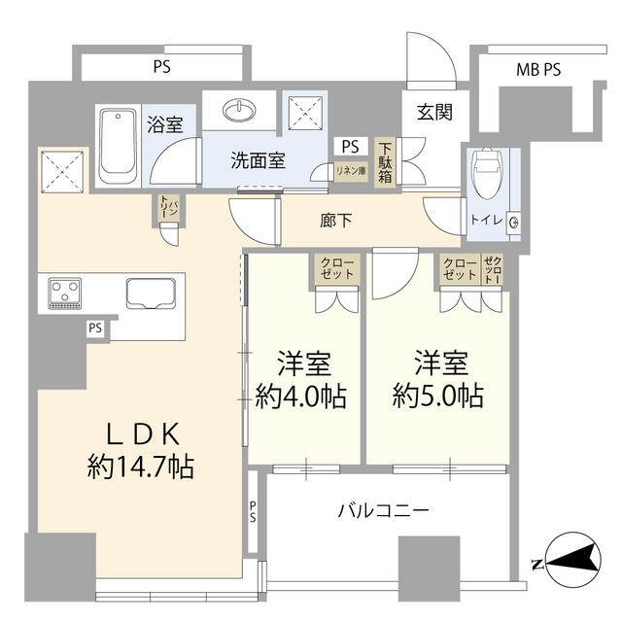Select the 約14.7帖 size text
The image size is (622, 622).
(x=140, y=467)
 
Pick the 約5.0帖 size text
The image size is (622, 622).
(x=438, y=397)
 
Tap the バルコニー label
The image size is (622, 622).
(x=385, y=509)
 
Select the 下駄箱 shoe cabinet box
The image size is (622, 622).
(x=386, y=162)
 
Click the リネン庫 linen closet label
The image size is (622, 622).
(x=349, y=171)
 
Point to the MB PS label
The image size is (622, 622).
(x=537, y=69)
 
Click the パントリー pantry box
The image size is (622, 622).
(x=168, y=208)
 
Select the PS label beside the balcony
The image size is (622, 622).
(x=252, y=511)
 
